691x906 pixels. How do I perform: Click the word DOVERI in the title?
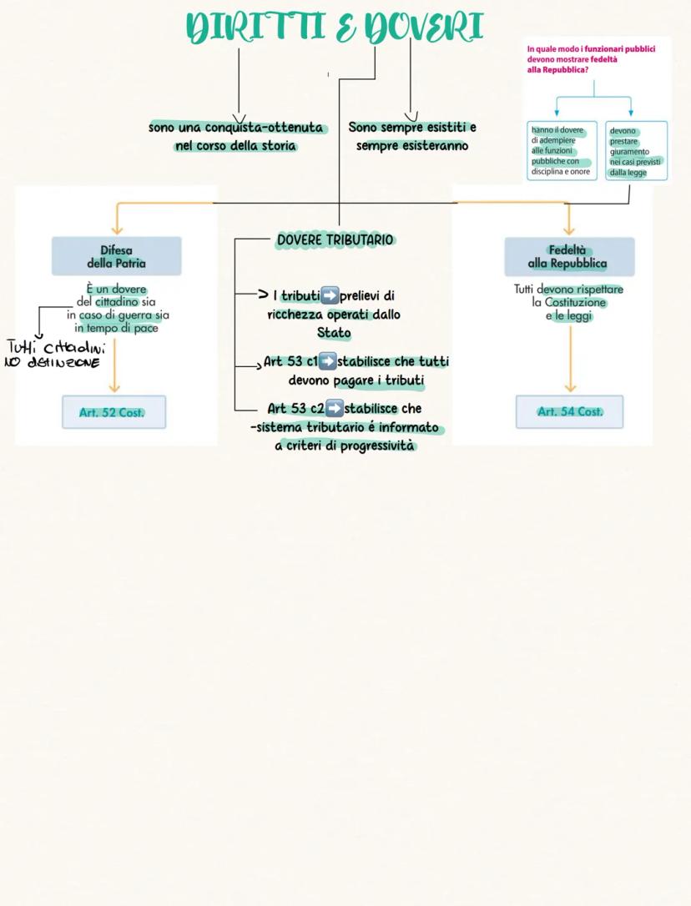point(425,28)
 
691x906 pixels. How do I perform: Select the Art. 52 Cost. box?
point(114,412)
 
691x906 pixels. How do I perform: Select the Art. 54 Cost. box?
point(569,411)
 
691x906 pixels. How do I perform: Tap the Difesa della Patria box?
point(116,256)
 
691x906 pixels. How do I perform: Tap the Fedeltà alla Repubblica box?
point(568,256)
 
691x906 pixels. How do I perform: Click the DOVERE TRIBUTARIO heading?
point(335,240)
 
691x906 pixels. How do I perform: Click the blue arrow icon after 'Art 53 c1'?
point(328,362)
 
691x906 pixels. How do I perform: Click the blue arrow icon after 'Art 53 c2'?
point(334,409)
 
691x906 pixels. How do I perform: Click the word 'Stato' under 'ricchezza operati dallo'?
point(334,333)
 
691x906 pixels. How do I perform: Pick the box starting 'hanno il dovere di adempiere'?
point(562,151)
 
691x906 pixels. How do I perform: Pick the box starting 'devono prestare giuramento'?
point(636,151)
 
